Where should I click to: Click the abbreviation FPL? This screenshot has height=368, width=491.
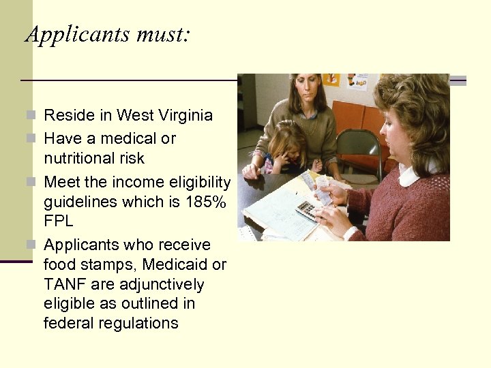point(59,222)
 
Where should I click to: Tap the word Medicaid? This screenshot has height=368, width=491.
point(164,264)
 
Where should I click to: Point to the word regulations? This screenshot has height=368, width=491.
point(142,323)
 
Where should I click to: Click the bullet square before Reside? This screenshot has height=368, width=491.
point(35,115)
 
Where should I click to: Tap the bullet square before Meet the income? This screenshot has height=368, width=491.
point(35,183)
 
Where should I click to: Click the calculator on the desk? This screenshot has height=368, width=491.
point(308,209)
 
